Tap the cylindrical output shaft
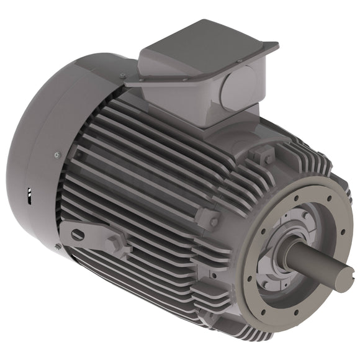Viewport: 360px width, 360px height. (x=317, y=264)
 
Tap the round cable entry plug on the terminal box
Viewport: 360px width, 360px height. (x=240, y=86)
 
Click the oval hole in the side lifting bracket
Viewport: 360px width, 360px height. (x=77, y=235)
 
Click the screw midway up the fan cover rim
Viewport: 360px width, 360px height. (x=57, y=155)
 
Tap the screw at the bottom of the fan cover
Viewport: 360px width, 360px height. (x=58, y=247)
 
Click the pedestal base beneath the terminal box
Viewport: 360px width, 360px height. (x=205, y=112)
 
